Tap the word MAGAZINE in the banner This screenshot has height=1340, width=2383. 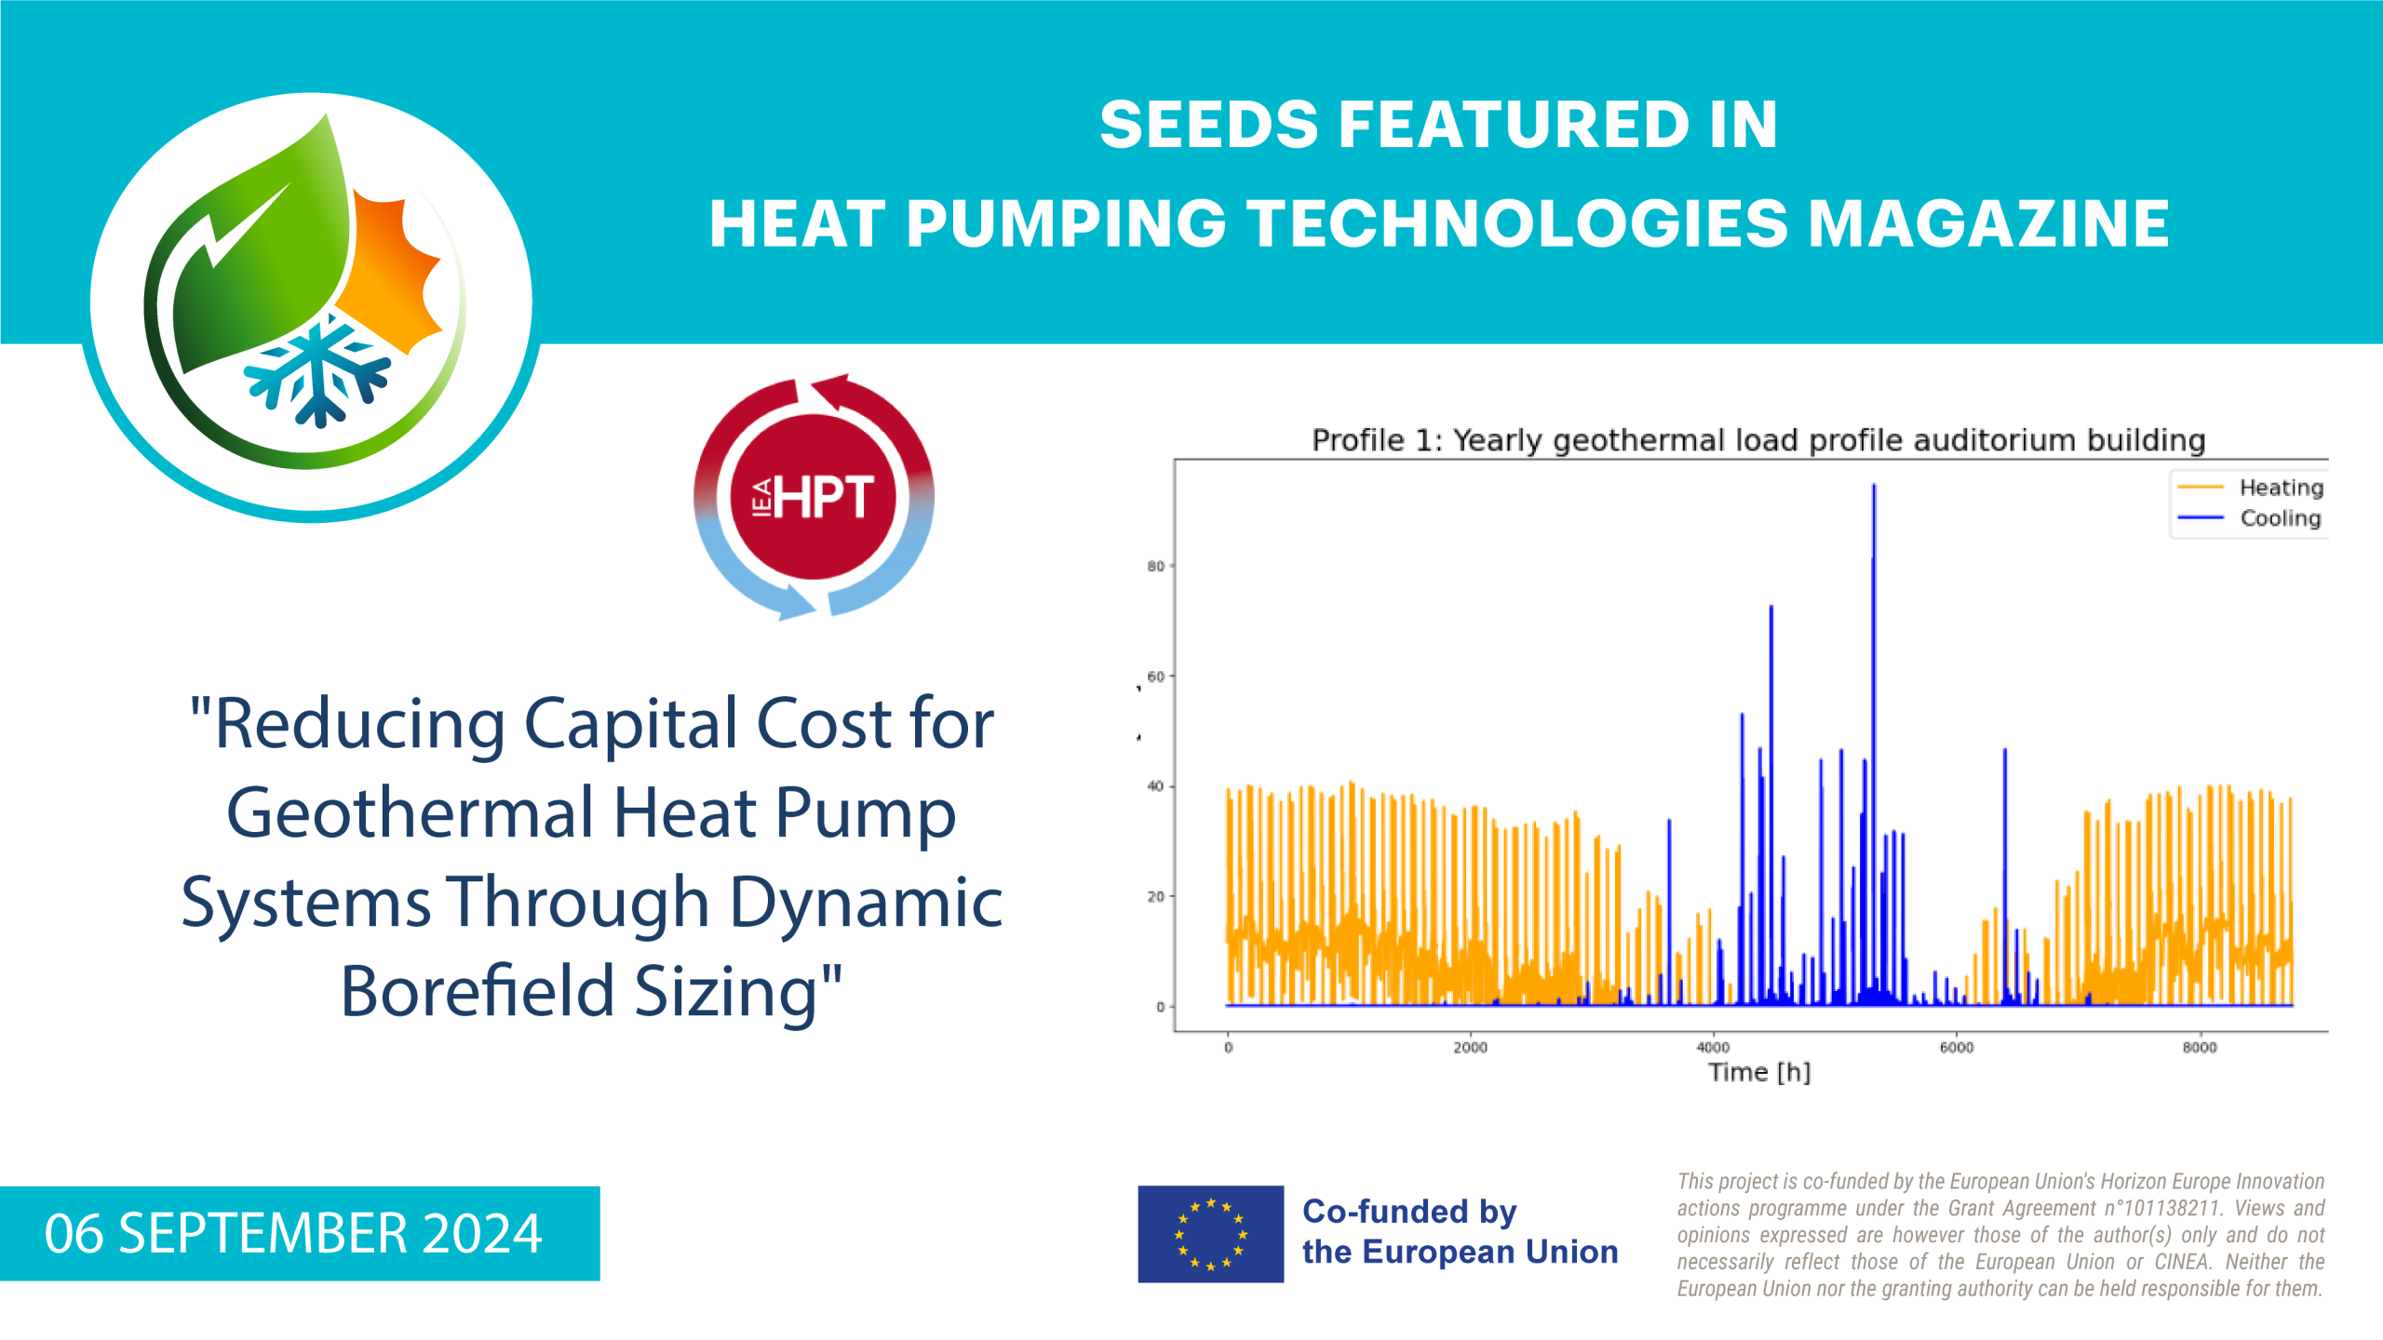click(1988, 224)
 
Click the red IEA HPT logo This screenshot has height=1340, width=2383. click(814, 497)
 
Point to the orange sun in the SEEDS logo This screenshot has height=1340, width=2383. click(391, 270)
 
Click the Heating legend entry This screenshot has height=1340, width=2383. click(2250, 488)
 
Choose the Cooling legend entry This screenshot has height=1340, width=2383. click(2249, 518)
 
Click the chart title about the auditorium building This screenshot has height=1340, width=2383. click(1758, 440)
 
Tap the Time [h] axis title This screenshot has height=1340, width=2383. click(1759, 1072)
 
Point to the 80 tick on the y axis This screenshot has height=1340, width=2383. click(1155, 566)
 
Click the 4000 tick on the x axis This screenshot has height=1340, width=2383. click(1713, 1048)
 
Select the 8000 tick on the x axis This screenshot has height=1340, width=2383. click(2200, 1048)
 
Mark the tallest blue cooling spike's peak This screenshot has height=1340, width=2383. click(1874, 485)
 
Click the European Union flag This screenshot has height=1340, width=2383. click(1210, 1234)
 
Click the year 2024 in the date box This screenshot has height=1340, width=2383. click(482, 1234)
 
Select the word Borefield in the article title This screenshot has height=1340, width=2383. click(478, 991)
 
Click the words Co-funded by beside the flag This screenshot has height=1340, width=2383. click(1409, 1212)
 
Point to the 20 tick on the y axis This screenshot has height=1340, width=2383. click(1155, 896)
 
